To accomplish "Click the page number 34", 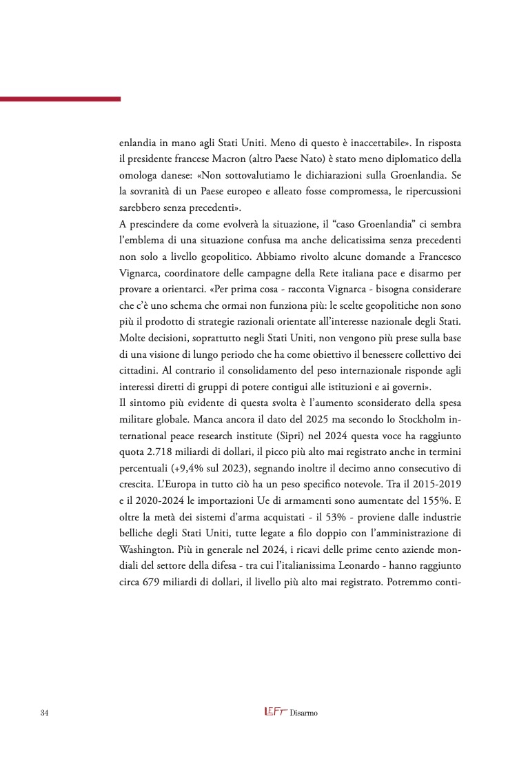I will [45, 712].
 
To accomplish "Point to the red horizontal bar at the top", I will [60, 99].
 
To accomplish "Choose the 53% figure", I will [339, 516].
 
